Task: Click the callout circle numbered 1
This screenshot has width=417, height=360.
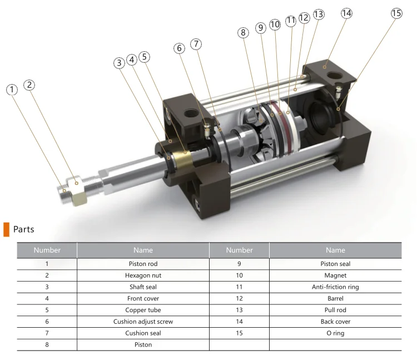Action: (x=12, y=90)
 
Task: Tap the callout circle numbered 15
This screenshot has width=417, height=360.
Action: (x=396, y=14)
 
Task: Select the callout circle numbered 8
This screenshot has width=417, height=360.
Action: (x=243, y=33)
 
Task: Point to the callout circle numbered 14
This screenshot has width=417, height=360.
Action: (x=346, y=13)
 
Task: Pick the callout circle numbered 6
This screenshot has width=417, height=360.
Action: (x=179, y=48)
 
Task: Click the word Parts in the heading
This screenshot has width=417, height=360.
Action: (x=24, y=229)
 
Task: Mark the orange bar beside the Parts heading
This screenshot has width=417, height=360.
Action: (x=6, y=229)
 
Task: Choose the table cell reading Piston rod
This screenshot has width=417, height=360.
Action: (x=143, y=264)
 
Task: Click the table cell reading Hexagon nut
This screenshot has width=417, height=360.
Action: (x=143, y=275)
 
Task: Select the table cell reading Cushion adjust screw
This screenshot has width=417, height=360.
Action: (x=143, y=322)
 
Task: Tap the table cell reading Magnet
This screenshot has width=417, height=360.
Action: (x=335, y=275)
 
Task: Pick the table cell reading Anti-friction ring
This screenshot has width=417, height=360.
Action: (x=335, y=287)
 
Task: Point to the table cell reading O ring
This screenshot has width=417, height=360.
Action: (x=335, y=333)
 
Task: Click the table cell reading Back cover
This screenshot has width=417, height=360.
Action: (x=335, y=322)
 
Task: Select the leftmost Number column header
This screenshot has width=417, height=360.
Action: (x=47, y=250)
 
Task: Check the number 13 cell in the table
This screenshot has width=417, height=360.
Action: (x=239, y=310)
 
